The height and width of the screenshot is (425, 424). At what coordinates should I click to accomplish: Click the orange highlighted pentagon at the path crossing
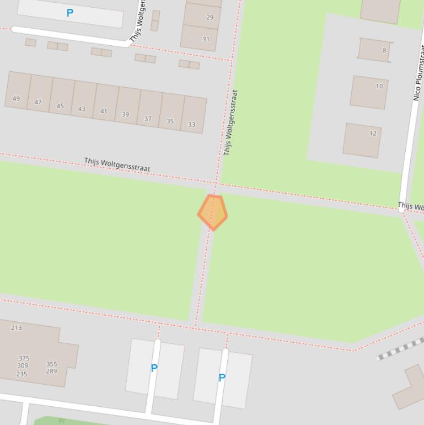[x=213, y=212]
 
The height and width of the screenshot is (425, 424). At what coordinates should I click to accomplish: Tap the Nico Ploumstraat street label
[x=418, y=75]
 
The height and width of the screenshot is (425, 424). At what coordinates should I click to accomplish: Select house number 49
[x=16, y=99]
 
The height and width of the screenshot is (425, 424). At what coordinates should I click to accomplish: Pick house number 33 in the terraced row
[x=191, y=124]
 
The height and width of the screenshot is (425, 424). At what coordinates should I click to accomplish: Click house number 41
[x=104, y=111]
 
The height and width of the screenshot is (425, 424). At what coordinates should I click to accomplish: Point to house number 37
[x=148, y=119]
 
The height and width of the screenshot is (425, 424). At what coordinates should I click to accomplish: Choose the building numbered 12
[x=373, y=133]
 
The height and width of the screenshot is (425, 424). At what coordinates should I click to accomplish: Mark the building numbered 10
[x=379, y=86]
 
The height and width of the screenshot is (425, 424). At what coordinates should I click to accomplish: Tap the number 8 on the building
[x=384, y=50]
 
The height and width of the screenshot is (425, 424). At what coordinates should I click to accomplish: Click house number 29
[x=210, y=17]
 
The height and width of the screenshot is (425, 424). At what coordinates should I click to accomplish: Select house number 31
[x=206, y=39]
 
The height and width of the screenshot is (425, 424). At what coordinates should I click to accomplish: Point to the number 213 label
[x=17, y=328]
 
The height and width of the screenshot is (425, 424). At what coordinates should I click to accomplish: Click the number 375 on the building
[x=24, y=358]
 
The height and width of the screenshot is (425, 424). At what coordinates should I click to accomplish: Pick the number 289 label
[x=51, y=371]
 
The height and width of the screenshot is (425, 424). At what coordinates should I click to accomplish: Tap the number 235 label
[x=22, y=374]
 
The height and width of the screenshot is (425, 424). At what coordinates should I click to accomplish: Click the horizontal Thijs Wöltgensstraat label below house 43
[x=117, y=164]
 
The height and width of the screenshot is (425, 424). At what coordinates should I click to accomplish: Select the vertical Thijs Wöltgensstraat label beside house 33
[x=230, y=123]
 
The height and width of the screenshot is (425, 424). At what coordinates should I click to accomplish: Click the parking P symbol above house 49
[x=69, y=13]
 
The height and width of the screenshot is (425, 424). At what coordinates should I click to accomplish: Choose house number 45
[x=60, y=106]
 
